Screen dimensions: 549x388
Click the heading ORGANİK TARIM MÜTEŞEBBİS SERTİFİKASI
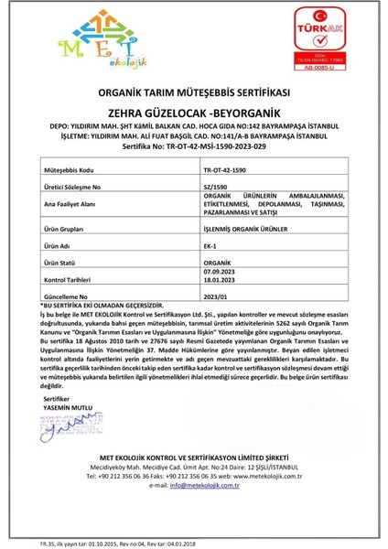[193, 93]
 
